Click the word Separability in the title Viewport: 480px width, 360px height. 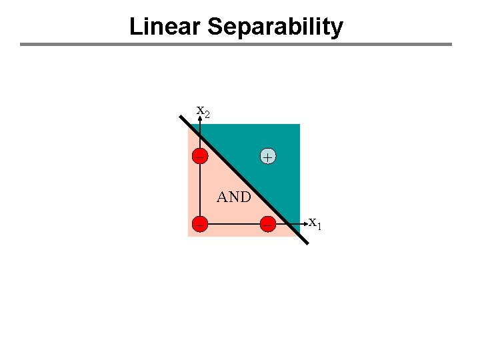pos(275,27)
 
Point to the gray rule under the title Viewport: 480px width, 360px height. pos(235,45)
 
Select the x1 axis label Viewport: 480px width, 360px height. pos(315,223)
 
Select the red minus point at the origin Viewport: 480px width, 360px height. pos(199,224)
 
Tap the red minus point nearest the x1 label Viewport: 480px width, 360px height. pos(267,224)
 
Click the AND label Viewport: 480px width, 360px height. pos(234,197)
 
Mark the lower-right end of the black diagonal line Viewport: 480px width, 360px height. pos(307,243)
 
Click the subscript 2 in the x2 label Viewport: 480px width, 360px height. pos(207,115)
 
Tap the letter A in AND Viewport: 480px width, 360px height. pos(223,197)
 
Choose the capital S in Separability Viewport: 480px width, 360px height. pos(215,27)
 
